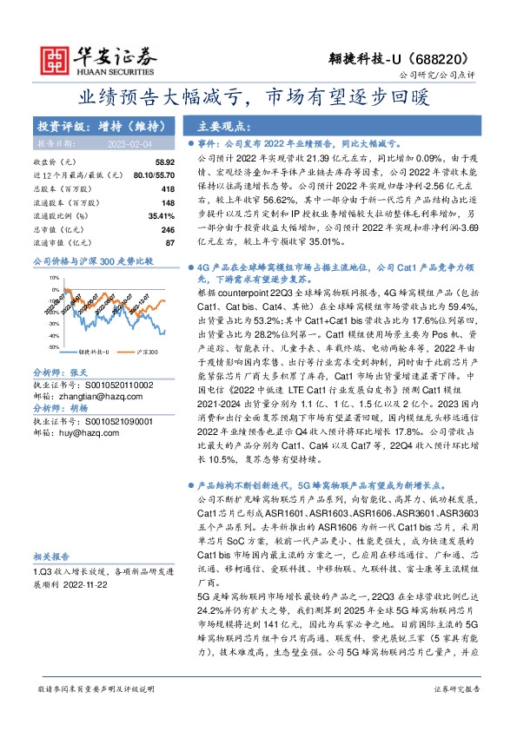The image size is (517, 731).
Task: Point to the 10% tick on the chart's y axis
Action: pyautogui.click(x=53, y=279)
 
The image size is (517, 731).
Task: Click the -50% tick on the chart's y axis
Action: pyautogui.click(x=53, y=346)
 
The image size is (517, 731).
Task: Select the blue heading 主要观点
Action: pyautogui.click(x=222, y=124)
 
